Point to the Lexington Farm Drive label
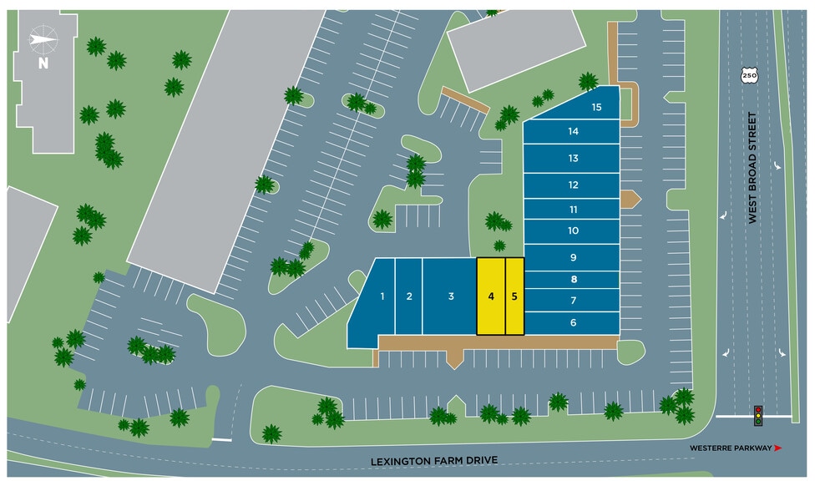(x=434, y=461)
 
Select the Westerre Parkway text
(x=731, y=448)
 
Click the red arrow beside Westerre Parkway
(x=778, y=448)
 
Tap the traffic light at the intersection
(x=758, y=415)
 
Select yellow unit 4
(x=491, y=296)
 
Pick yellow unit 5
(x=515, y=296)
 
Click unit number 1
(x=382, y=296)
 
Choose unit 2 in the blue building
(x=409, y=296)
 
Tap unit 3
(x=450, y=296)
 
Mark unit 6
(x=573, y=323)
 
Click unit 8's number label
(x=574, y=280)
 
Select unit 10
(x=573, y=231)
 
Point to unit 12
(x=573, y=185)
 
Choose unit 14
(x=573, y=132)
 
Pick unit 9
(x=573, y=258)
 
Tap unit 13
(x=573, y=159)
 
